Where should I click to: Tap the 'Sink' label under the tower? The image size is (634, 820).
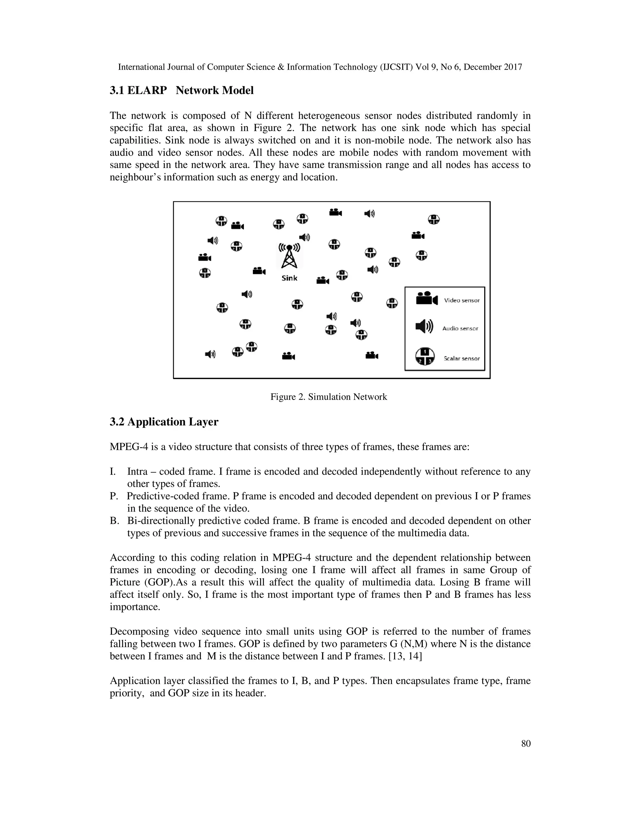tap(289, 278)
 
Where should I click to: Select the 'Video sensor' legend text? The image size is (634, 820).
tap(462, 300)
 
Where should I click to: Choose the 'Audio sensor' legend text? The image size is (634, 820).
tap(460, 329)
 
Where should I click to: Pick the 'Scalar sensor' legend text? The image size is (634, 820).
tap(462, 359)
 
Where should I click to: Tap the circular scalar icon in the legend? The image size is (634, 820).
tap(425, 356)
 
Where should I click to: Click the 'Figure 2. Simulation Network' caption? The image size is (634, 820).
tap(329, 397)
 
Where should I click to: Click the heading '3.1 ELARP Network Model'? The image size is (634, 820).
tap(181, 90)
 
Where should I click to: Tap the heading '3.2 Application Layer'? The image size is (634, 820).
tap(164, 422)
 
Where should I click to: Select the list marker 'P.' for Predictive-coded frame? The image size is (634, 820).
tap(114, 496)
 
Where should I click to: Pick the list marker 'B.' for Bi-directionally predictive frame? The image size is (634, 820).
tap(114, 521)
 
